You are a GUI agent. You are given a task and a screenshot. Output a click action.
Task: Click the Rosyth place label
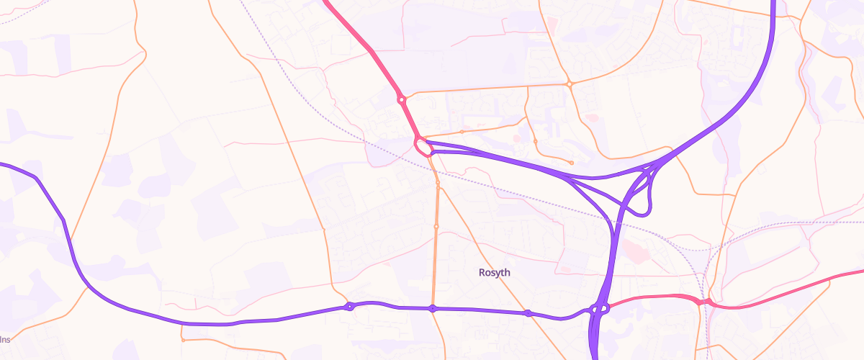[494, 272]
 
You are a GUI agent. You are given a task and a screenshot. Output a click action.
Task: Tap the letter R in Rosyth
[482, 272]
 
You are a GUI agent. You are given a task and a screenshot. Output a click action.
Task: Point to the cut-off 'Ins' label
[5, 338]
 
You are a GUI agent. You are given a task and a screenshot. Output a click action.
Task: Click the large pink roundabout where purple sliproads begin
[423, 148]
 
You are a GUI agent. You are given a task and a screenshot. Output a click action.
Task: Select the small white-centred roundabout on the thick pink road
[401, 99]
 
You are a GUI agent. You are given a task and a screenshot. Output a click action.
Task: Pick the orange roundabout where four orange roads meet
[569, 84]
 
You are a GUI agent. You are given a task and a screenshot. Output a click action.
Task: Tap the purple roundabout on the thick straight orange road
[432, 309]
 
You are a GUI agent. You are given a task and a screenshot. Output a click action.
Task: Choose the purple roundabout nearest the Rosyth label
[528, 312]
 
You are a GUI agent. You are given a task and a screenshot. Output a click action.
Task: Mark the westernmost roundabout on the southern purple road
[349, 307]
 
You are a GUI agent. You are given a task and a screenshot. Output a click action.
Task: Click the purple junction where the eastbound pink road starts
[599, 310]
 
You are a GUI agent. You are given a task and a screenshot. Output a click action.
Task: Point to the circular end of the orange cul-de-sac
[571, 163]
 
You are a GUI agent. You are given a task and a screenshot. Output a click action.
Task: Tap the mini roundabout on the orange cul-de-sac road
[535, 141]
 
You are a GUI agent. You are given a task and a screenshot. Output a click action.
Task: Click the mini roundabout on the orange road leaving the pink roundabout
[462, 132]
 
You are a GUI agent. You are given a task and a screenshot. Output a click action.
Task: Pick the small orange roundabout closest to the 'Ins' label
[184, 340]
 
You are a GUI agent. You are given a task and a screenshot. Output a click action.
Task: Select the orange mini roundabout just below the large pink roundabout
[437, 184]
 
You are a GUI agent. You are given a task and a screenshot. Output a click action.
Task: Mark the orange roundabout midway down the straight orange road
[436, 227]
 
